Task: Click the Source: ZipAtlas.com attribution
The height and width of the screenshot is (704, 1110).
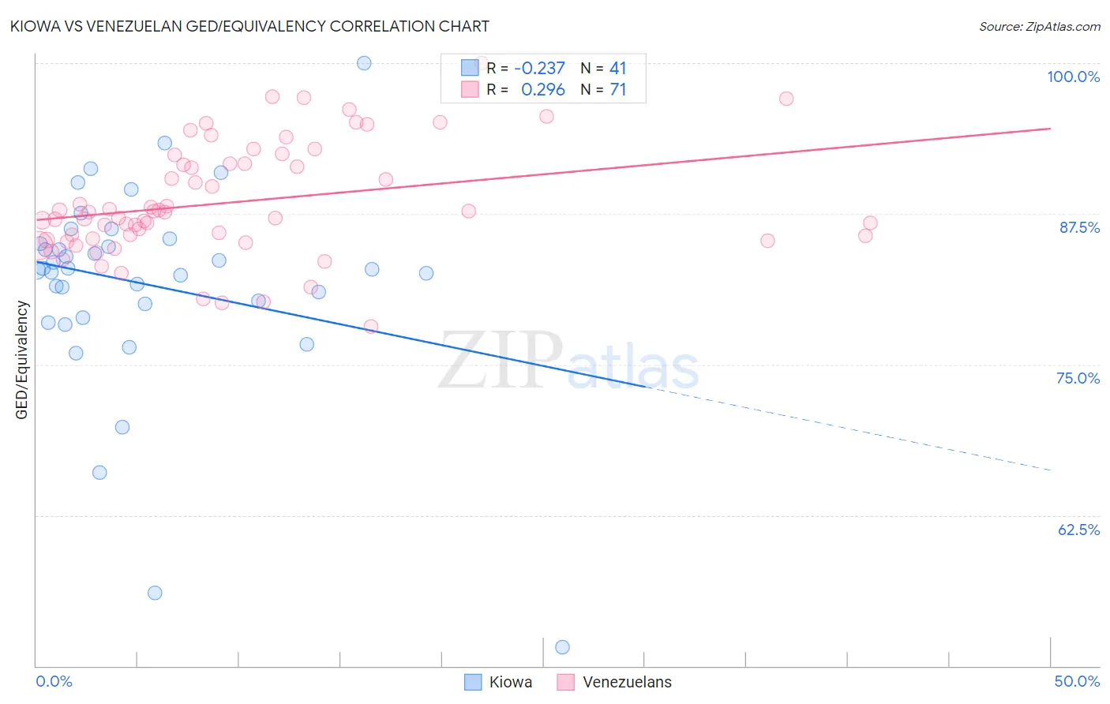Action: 1039,26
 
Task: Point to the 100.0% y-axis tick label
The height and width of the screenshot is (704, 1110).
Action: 1073,77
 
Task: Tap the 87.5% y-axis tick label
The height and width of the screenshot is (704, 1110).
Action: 1079,227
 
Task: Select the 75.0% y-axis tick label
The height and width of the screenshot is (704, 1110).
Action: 1078,378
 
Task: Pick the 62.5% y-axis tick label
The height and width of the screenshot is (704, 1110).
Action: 1078,530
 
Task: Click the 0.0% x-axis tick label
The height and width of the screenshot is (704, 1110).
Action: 54,681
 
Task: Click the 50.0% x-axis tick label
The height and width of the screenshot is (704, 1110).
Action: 1077,681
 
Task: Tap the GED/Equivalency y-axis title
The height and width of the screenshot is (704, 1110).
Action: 22,360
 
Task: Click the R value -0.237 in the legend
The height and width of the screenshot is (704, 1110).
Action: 539,69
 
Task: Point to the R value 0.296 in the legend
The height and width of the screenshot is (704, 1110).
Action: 542,90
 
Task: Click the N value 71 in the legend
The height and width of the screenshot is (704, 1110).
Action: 618,90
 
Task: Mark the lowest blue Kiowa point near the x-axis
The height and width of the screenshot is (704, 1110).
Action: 562,647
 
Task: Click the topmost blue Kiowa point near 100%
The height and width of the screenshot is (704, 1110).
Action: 364,63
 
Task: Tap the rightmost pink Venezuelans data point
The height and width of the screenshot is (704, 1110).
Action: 870,223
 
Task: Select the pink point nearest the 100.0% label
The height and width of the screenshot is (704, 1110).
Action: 786,99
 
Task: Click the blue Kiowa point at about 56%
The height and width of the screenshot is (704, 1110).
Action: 155,593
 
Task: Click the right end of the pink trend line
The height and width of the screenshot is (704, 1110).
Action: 1051,128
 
